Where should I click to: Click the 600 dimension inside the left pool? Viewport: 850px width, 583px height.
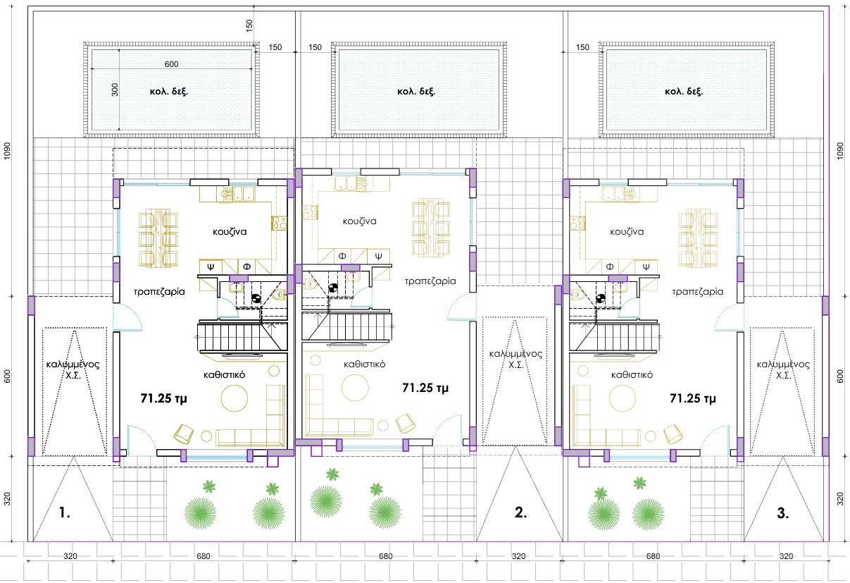coord(172,64)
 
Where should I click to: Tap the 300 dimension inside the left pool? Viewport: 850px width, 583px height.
coord(115,90)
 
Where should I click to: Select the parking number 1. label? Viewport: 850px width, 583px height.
coord(65,513)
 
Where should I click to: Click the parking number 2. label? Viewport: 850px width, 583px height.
coord(520,513)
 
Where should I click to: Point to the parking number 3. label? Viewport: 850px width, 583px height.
coord(783,513)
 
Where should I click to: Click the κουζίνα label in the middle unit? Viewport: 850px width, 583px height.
coord(359,221)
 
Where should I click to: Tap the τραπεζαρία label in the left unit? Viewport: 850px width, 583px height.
coord(159,292)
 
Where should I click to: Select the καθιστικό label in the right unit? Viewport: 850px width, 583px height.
coord(632,375)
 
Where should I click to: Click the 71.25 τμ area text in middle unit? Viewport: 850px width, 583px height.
coord(425,388)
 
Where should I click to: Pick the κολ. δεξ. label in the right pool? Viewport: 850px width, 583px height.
coord(684,92)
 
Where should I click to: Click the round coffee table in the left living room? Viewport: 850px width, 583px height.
coord(234,398)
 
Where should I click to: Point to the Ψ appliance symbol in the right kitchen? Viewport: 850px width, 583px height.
coord(646,266)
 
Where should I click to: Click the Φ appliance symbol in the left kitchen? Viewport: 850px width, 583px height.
coord(246,266)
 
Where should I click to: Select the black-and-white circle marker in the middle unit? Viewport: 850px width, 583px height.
coord(333,288)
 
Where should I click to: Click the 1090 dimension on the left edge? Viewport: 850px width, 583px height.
coord(7,151)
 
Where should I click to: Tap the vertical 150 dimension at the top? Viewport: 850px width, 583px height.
coord(249,25)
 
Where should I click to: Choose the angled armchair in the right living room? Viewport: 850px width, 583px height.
coord(673,434)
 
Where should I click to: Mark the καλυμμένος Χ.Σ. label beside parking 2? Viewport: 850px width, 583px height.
coord(515,360)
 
